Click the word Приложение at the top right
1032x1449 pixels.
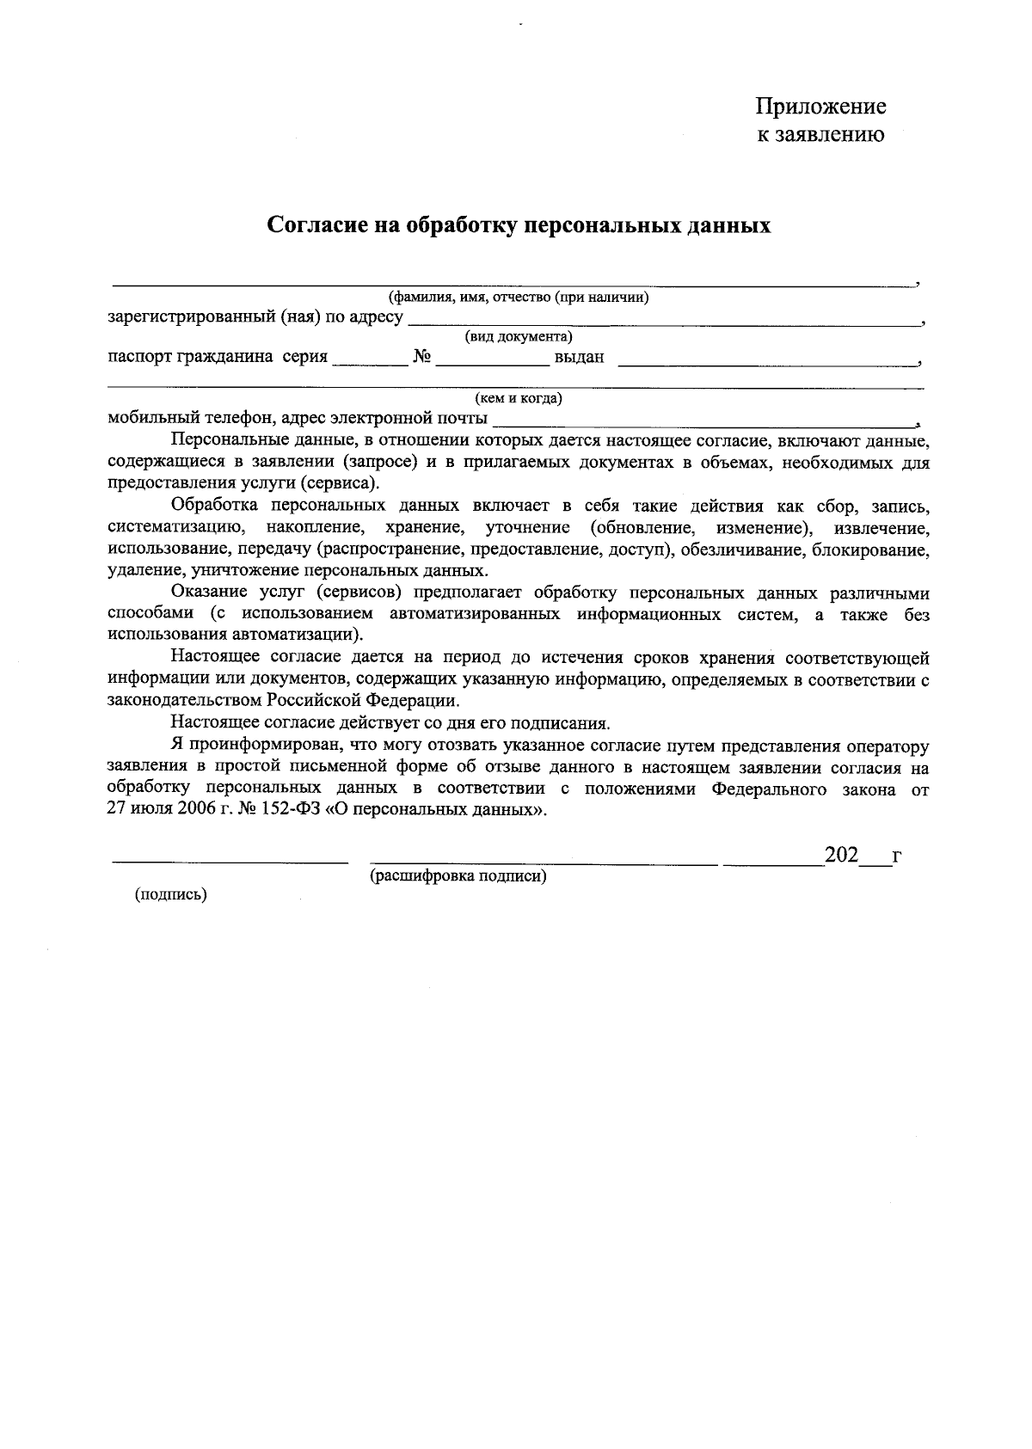point(820,107)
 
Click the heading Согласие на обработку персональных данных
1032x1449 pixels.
point(519,225)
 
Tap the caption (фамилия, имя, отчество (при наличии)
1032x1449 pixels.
point(519,298)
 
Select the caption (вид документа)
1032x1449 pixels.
point(519,336)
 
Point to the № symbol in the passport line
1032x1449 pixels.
point(421,357)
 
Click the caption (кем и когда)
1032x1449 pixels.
point(519,398)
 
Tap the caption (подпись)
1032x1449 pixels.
point(170,894)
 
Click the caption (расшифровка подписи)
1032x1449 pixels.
point(458,876)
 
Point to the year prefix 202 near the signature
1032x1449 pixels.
point(841,856)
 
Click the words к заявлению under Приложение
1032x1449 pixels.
point(820,134)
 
